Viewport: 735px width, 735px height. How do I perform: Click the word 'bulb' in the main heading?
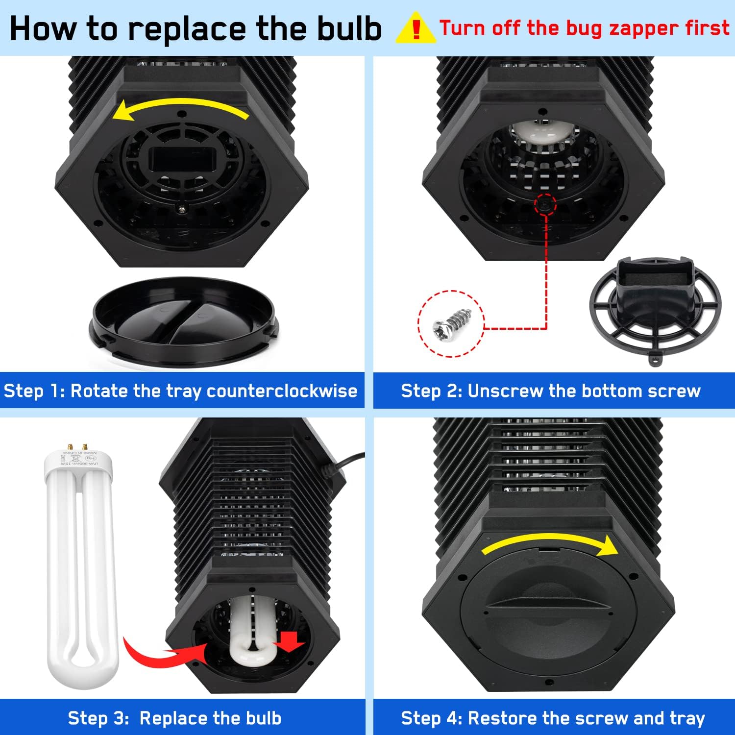tap(349, 28)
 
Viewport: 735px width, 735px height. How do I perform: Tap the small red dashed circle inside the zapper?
tap(545, 204)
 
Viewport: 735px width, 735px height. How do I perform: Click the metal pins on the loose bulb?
tap(77, 447)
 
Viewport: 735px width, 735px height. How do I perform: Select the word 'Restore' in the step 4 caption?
tap(503, 718)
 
